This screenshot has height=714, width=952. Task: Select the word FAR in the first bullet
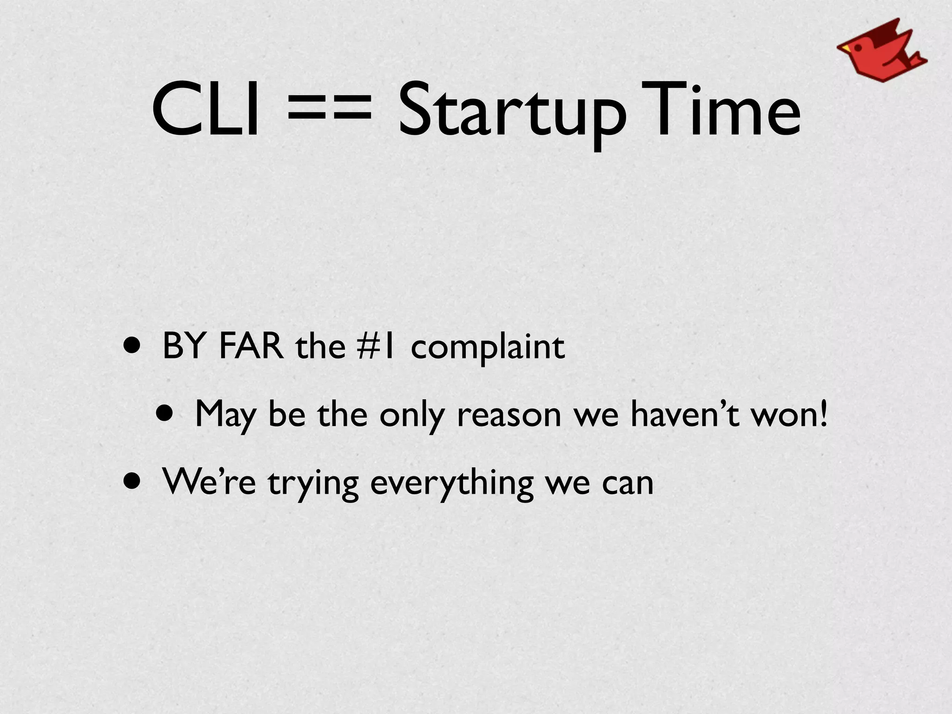click(251, 346)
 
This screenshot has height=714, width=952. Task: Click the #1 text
click(376, 346)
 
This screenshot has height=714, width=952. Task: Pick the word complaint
click(488, 348)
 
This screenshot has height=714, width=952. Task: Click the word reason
click(509, 415)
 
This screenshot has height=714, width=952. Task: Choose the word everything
click(452, 483)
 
